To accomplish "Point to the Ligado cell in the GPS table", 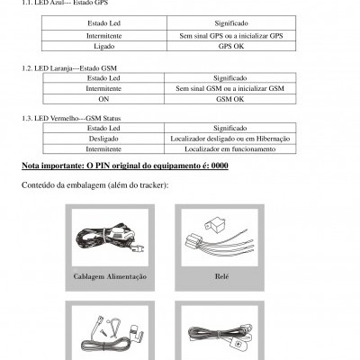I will pos(106,46).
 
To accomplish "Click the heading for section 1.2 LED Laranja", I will pos(68,68).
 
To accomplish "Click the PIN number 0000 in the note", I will pos(218,166).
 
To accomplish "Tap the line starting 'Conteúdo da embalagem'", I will pos(94,186).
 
